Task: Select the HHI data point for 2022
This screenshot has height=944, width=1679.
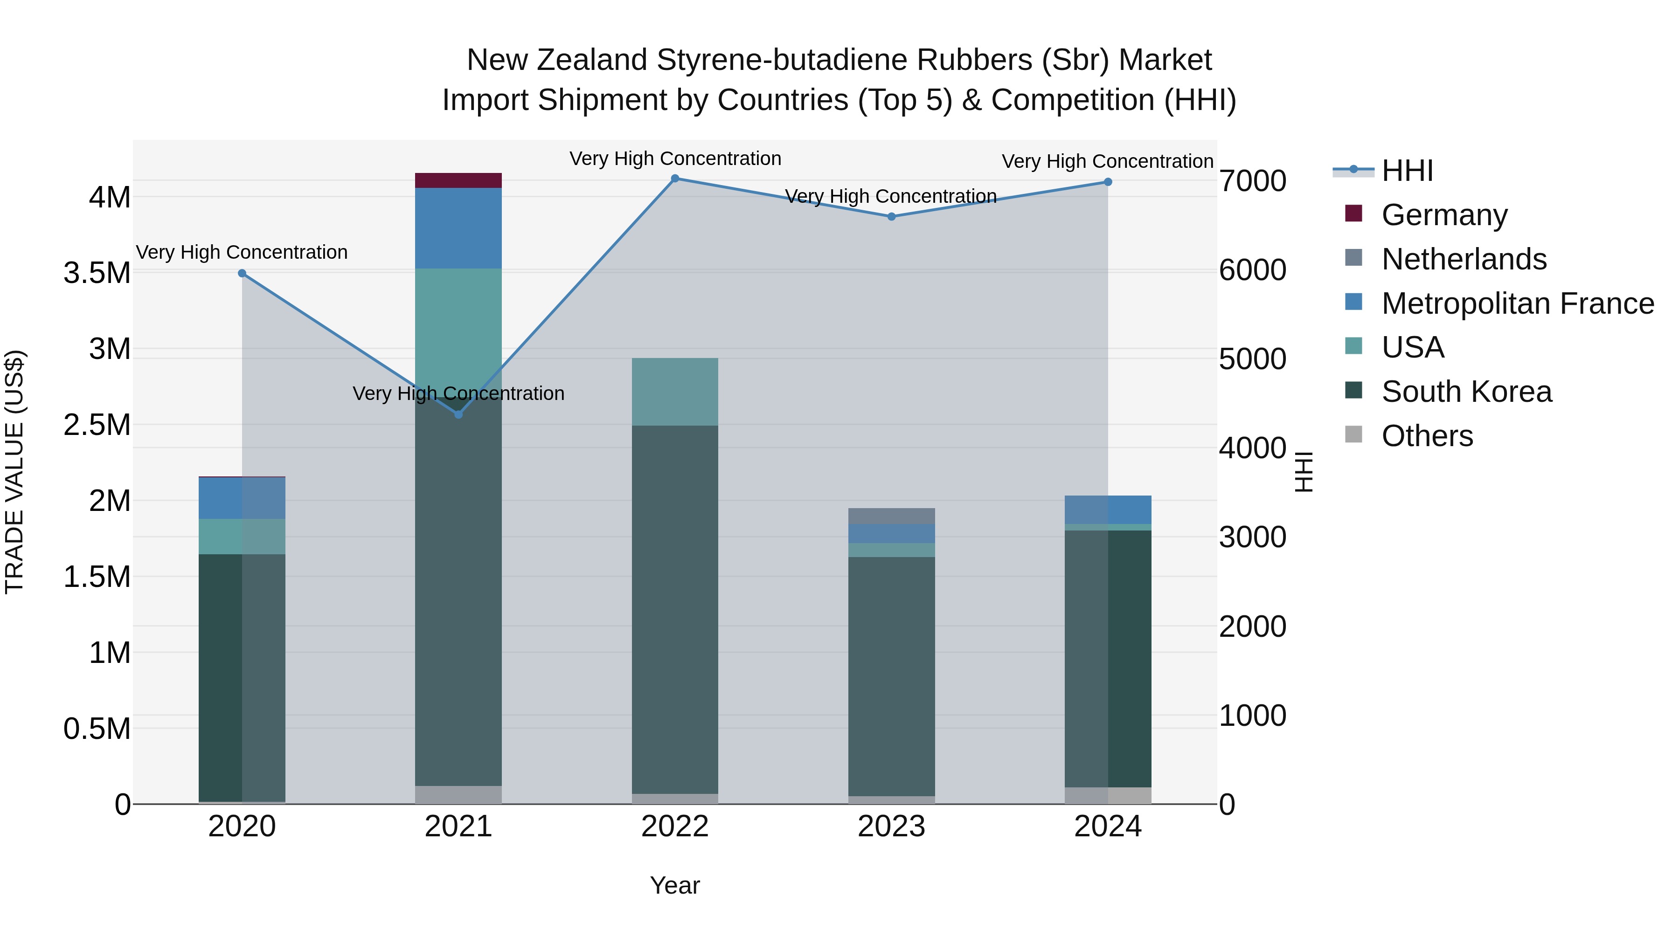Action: pos(675,179)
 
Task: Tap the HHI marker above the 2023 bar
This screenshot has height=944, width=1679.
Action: pos(892,217)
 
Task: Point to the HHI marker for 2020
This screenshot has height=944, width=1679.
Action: pos(242,274)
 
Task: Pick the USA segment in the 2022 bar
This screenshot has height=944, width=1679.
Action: pos(675,392)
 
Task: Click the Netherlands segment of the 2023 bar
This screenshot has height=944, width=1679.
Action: pos(892,516)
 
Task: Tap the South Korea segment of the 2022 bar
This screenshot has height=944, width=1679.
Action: pos(675,609)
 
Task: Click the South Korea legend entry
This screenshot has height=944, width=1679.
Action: pos(1466,392)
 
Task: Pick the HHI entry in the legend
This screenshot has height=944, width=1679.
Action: pos(1407,171)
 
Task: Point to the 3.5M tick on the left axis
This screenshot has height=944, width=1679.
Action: pos(97,273)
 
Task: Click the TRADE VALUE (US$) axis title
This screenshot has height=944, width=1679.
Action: pos(14,472)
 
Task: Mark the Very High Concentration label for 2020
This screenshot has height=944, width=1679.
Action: pos(242,252)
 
